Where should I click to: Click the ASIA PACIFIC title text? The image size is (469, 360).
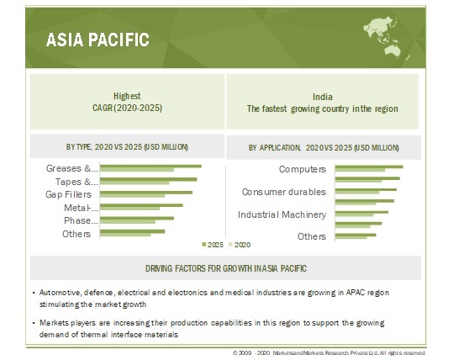[97, 40]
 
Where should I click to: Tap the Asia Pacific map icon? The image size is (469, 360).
[386, 37]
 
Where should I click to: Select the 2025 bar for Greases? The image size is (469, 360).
[150, 167]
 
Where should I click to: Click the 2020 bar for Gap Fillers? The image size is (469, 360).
[132, 196]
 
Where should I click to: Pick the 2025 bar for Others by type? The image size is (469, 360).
[132, 231]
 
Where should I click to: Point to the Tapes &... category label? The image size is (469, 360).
[76, 182]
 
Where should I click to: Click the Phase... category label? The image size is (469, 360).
[81, 220]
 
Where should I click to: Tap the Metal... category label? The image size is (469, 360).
[81, 208]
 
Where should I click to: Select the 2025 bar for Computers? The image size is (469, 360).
[369, 167]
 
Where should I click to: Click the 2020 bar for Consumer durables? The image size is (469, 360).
[357, 193]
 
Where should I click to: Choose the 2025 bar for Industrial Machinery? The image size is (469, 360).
[361, 213]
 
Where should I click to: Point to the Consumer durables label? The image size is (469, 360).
[284, 192]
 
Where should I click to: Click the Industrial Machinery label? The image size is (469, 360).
[282, 214]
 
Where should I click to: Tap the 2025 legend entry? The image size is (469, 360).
[213, 245]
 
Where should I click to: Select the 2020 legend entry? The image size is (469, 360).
[240, 245]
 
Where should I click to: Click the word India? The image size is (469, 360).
[323, 97]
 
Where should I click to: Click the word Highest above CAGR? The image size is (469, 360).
[127, 96]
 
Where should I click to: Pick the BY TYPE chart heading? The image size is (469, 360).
[127, 147]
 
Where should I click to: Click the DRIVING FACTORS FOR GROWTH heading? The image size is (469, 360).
[226, 268]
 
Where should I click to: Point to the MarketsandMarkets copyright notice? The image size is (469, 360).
[329, 353]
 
